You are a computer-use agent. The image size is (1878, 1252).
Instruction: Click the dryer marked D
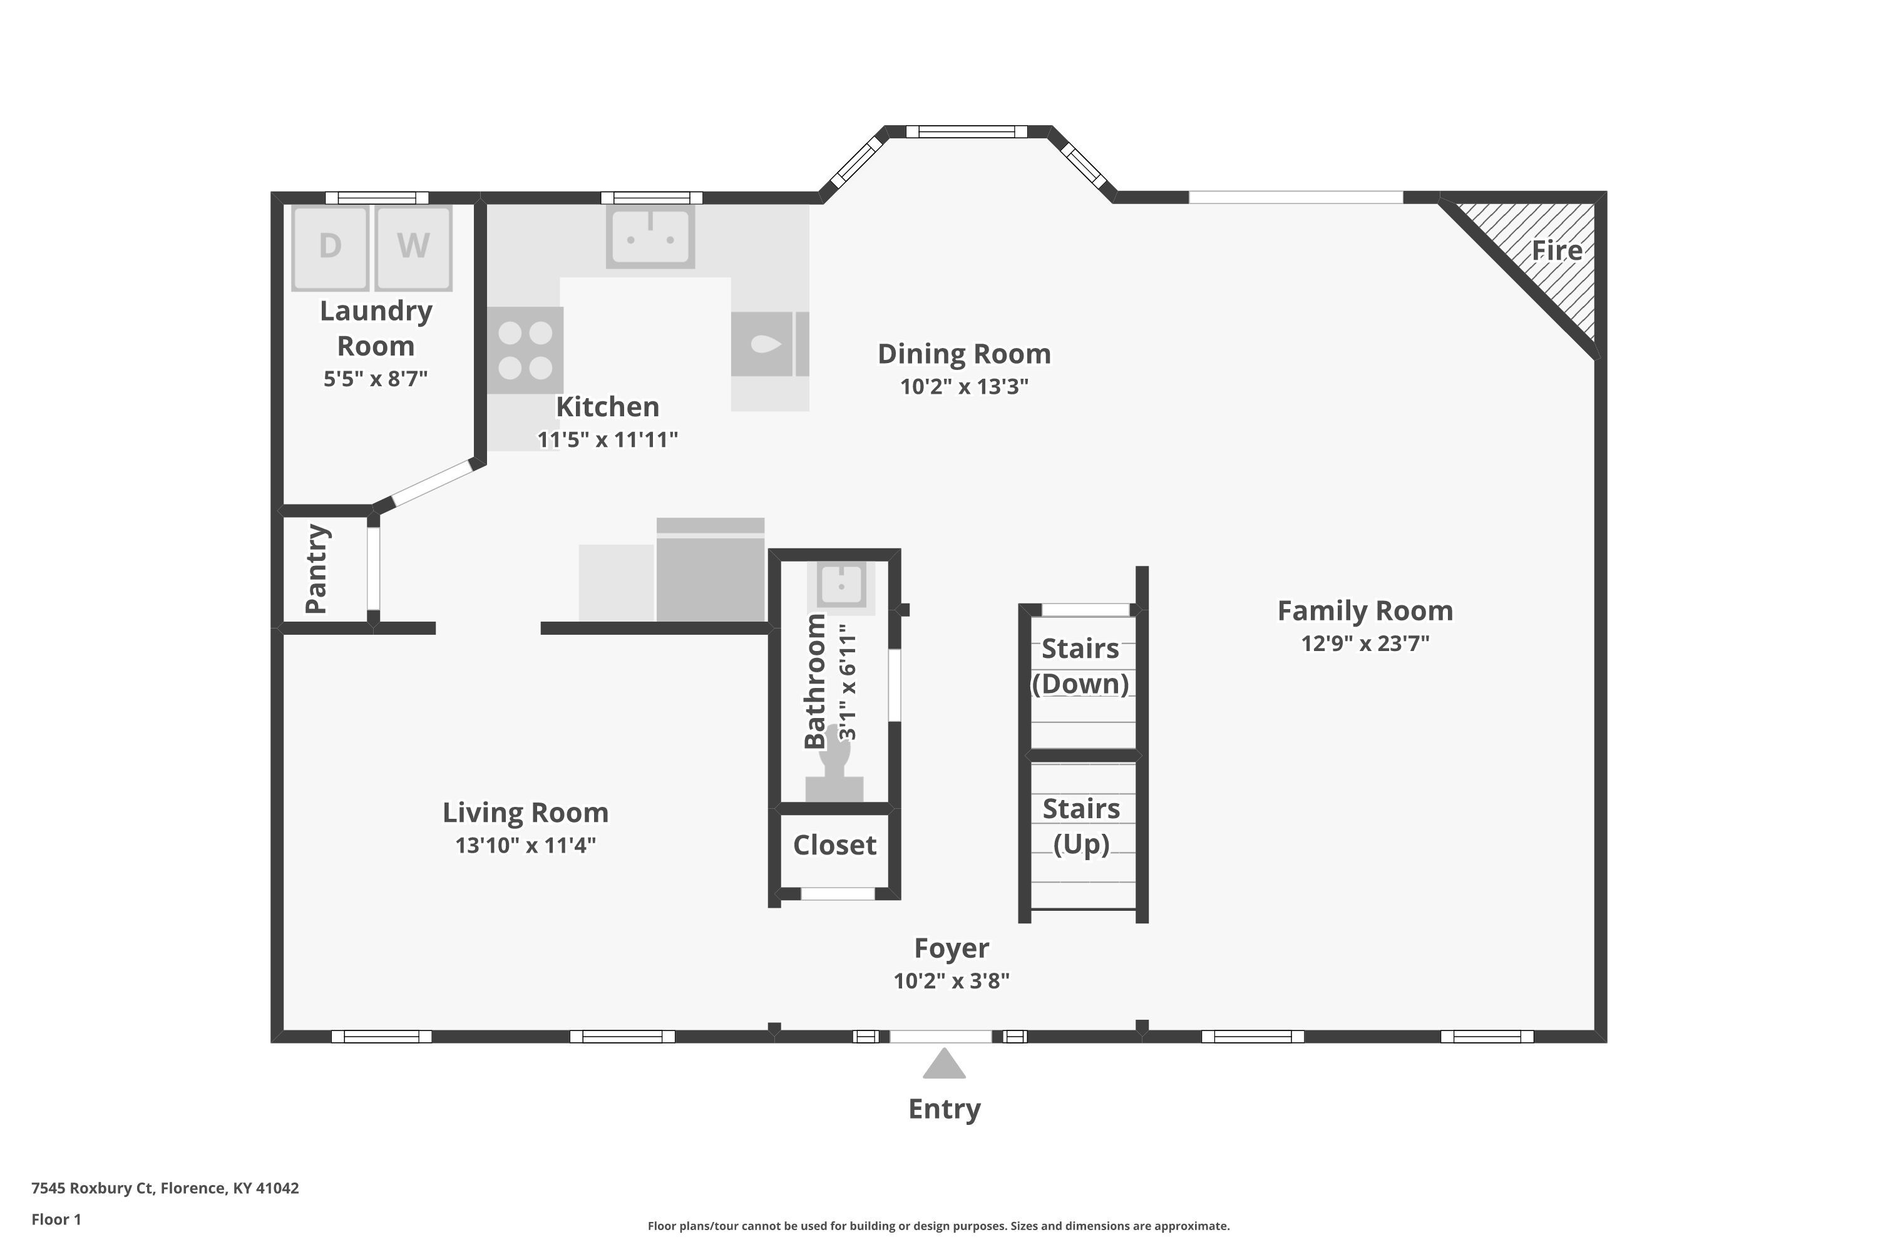coord(331,247)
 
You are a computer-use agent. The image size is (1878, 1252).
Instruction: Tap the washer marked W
coord(414,247)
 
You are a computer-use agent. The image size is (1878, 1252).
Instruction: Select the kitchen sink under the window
coord(651,237)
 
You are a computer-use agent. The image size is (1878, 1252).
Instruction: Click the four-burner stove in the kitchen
coord(525,351)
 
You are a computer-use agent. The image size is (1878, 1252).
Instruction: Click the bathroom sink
coord(841,585)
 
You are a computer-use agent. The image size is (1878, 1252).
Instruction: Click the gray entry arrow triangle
coord(945,1064)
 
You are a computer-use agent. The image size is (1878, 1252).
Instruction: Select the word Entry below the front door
coord(945,1109)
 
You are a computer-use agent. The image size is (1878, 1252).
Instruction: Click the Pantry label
coord(317,568)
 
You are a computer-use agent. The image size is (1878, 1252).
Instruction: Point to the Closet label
coord(834,844)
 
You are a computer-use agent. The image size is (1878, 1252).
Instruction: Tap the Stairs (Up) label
coord(1081,826)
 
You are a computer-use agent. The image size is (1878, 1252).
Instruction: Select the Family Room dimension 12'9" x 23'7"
coord(1365,644)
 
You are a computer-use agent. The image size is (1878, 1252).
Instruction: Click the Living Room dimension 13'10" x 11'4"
coord(525,846)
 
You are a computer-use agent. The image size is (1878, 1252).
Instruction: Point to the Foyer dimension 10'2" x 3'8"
coord(952,982)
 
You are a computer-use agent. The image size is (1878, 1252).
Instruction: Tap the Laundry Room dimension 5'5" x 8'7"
coord(375,379)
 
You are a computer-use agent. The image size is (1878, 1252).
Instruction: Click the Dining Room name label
coord(965,354)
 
